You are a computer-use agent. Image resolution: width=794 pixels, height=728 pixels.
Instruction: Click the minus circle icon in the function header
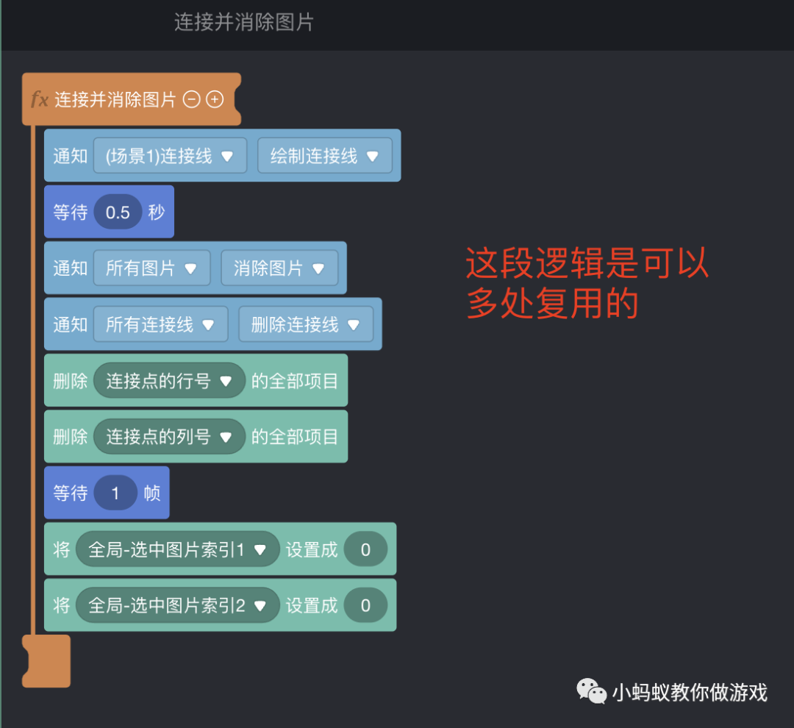(191, 100)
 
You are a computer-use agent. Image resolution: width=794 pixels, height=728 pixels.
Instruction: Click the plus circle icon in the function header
(215, 100)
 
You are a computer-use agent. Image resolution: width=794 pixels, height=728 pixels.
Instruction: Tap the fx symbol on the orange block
(40, 100)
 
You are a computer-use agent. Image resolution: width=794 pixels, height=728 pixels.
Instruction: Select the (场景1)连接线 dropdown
(170, 156)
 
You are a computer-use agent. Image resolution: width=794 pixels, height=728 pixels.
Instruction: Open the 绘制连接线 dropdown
(324, 156)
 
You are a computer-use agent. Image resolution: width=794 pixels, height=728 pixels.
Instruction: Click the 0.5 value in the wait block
(118, 213)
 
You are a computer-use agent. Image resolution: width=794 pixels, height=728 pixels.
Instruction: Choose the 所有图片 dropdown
(151, 268)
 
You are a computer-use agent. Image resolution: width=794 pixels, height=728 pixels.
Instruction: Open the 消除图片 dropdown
(279, 268)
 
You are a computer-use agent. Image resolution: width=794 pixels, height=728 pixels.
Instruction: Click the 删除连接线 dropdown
(306, 324)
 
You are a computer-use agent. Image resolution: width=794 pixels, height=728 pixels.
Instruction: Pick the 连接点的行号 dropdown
(169, 381)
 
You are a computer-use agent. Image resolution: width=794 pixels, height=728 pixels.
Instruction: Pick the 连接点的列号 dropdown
(169, 437)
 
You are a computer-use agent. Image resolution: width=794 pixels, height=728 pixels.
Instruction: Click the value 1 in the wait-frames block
(115, 493)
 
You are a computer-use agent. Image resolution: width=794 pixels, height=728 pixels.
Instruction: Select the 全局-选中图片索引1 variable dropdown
(177, 549)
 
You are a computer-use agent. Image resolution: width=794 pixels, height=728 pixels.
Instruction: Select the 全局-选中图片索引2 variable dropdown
(177, 605)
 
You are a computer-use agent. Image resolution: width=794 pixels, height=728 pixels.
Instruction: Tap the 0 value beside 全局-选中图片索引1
(365, 549)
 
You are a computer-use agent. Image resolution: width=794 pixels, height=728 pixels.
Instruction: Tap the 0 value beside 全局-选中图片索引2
(365, 605)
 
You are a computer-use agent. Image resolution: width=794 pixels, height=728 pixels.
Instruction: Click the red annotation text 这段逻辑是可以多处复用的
(587, 283)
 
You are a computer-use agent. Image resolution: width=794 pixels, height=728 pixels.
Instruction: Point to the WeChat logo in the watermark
(591, 691)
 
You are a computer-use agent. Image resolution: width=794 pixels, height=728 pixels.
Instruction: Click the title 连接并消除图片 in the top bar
(244, 22)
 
